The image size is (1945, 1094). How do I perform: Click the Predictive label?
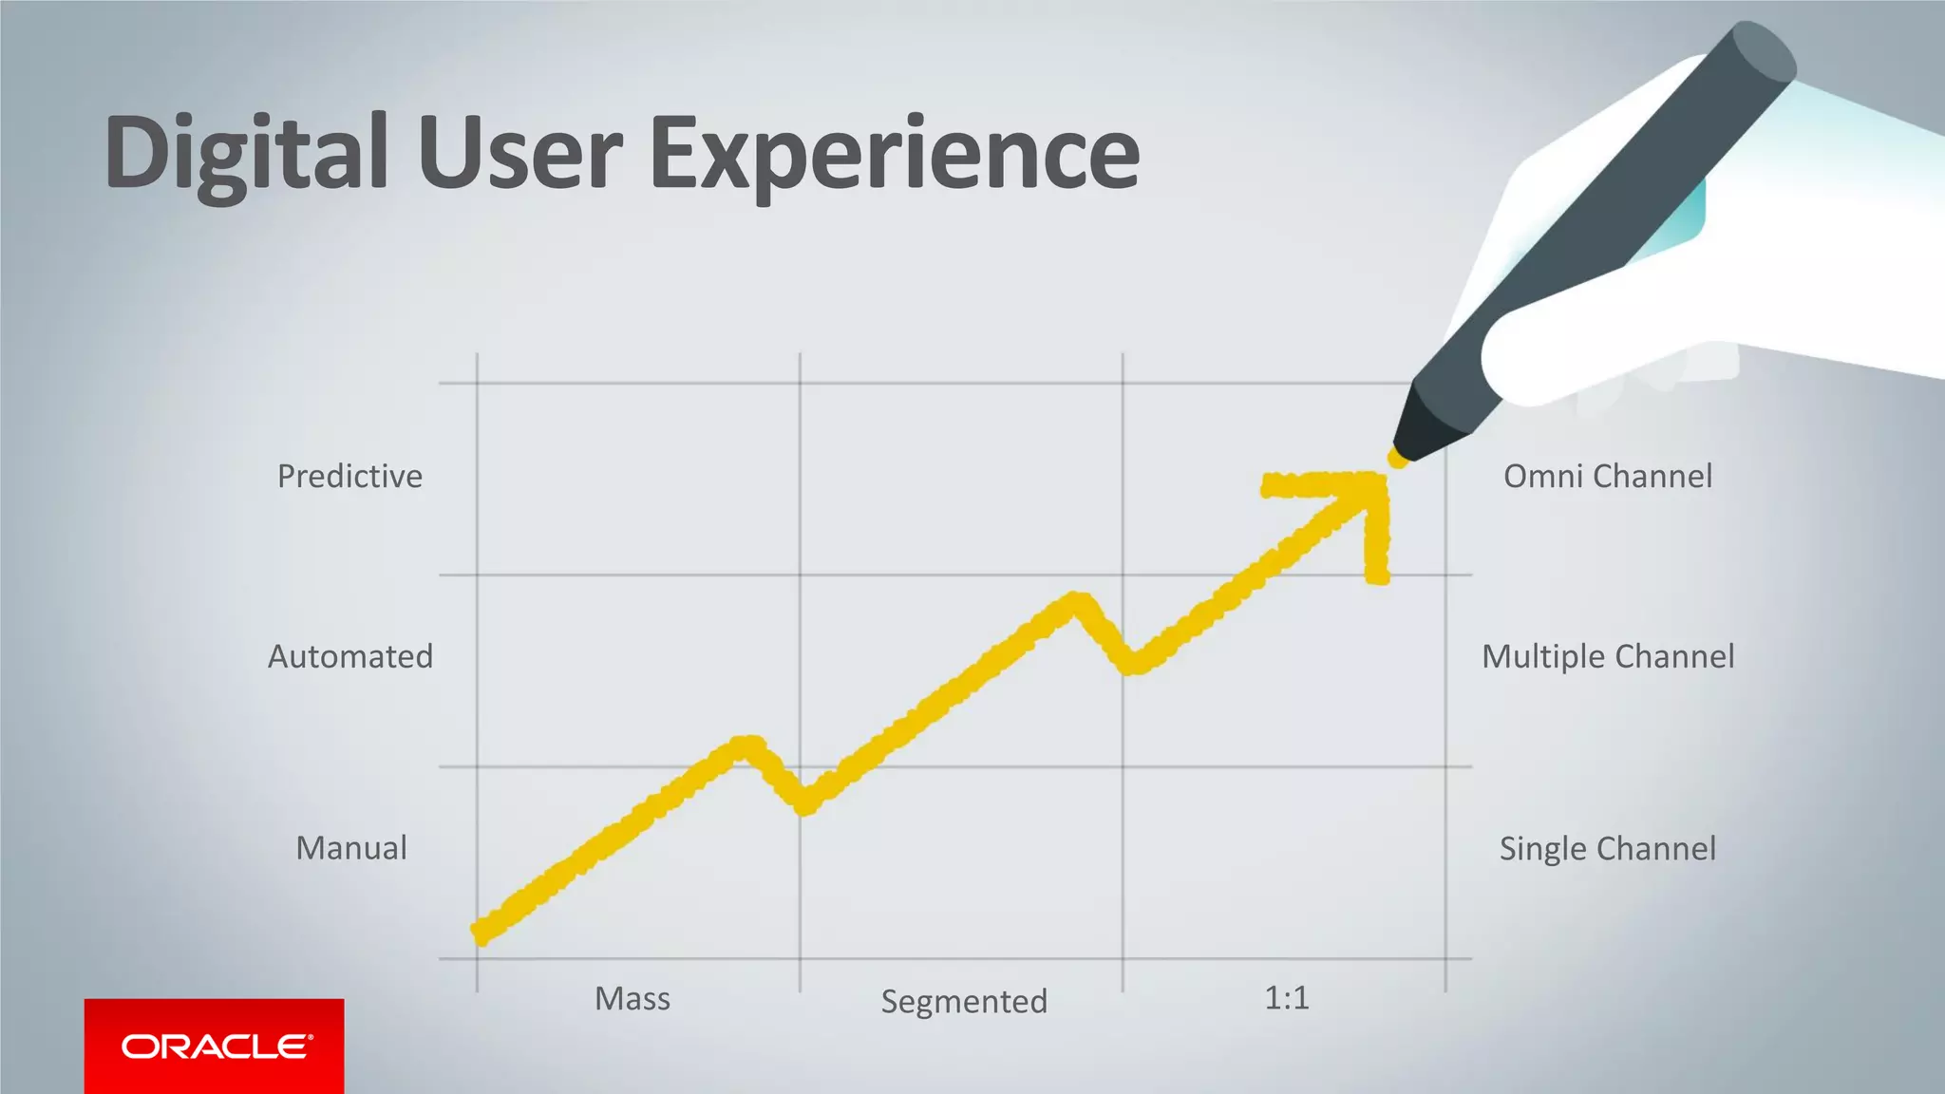(x=349, y=476)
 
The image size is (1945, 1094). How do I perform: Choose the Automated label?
(x=350, y=656)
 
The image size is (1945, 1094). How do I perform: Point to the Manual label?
(x=351, y=848)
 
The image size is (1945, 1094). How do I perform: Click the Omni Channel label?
(x=1608, y=476)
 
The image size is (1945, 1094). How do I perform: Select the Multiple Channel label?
(x=1608, y=656)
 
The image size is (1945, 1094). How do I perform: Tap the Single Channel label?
(x=1608, y=848)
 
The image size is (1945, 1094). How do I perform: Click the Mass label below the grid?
(x=633, y=999)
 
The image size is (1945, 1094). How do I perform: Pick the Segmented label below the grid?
(x=964, y=1001)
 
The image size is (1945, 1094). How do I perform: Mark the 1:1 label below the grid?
(x=1287, y=998)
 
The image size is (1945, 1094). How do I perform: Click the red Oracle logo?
(x=215, y=1047)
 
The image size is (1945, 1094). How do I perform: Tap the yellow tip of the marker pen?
(x=1397, y=458)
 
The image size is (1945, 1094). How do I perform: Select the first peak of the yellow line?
(x=748, y=745)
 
